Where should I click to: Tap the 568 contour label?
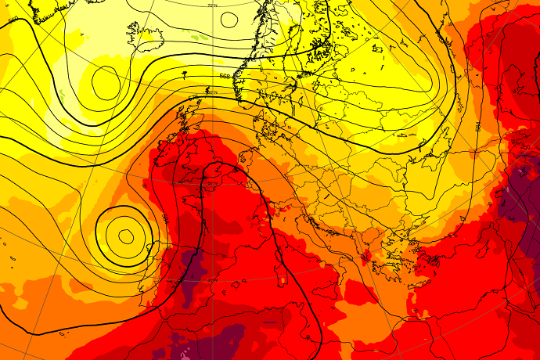point(225,76)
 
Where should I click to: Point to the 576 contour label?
point(193,98)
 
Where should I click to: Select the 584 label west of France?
point(165,218)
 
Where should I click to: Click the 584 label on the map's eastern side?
point(477,126)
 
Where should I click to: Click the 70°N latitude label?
point(212,5)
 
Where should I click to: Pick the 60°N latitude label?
point(211,92)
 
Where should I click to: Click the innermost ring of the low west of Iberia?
point(125,234)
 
